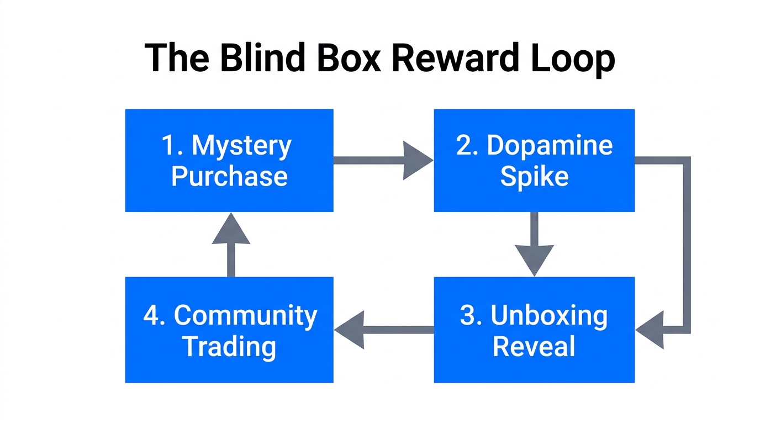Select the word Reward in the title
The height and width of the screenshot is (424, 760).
click(455, 58)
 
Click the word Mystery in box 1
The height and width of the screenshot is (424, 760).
click(241, 146)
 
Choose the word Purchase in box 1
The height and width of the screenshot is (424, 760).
click(229, 177)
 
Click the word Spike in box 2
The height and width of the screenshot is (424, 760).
click(534, 177)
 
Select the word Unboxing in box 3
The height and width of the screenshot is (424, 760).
click(549, 316)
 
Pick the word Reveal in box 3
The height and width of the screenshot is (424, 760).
click(534, 347)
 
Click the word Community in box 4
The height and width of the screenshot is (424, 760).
click(246, 316)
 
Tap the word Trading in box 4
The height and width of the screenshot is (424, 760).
click(229, 347)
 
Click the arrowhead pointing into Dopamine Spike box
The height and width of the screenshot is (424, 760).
click(418, 161)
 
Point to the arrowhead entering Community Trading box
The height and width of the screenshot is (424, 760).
click(350, 330)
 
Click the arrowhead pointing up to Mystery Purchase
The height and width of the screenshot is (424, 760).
click(231, 230)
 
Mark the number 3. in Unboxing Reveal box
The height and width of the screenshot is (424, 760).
click(471, 316)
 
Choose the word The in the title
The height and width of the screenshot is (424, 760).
click(177, 58)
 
